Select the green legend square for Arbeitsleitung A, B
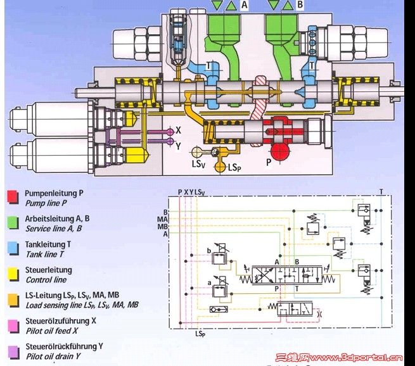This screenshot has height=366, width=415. [12, 221]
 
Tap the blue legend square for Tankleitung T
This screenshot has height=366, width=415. [12, 247]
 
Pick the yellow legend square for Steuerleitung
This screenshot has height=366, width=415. [12, 273]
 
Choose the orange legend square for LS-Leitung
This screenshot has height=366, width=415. [12, 298]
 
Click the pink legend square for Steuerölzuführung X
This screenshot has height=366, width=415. [12, 323]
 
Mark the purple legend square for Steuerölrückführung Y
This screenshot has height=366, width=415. [12, 350]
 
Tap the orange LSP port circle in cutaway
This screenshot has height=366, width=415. [221, 167]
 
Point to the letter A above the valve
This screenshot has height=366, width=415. [244, 6]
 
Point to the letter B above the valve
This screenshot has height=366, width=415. [300, 6]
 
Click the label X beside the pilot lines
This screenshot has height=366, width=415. [179, 129]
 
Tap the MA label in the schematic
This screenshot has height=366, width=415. [163, 219]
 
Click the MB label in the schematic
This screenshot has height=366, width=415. [163, 226]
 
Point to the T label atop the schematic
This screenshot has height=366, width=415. [381, 191]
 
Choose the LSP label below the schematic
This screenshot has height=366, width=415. [200, 333]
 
